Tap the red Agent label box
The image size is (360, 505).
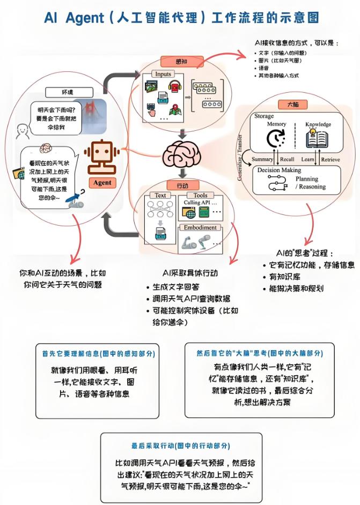point(102,182)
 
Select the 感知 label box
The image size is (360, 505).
point(182,62)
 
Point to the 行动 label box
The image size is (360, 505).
point(182,185)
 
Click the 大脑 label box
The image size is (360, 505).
point(292,105)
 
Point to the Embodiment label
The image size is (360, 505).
point(200,227)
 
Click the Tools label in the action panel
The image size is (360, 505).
point(200,196)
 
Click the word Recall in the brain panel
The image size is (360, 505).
point(287,159)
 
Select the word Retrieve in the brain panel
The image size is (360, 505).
point(330,159)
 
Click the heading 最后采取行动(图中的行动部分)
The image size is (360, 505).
point(181,445)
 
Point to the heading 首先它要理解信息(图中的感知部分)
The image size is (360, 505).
point(98,354)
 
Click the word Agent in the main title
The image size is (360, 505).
point(86,18)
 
